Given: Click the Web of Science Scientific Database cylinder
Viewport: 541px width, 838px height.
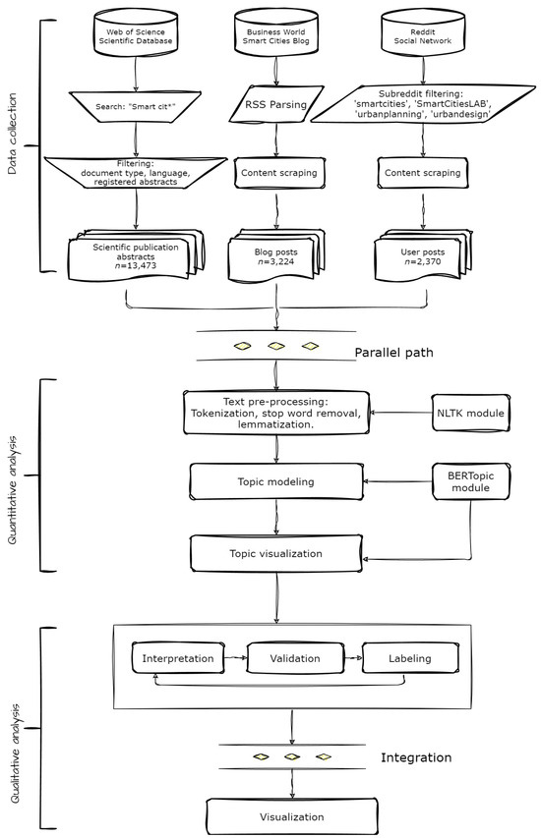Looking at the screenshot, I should (x=138, y=36).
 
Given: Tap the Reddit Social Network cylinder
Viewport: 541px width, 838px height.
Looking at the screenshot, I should (x=424, y=36).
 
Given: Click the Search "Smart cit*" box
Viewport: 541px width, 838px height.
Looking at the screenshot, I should (x=138, y=105).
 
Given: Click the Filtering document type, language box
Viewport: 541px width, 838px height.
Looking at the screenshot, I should (x=137, y=174).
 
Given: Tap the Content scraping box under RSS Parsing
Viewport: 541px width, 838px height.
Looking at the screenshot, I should (x=276, y=174).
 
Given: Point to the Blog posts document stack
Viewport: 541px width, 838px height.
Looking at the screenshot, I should (x=275, y=255).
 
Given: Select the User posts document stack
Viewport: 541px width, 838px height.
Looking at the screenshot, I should (x=423, y=255).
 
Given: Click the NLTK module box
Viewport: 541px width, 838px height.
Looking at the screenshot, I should (x=470, y=414).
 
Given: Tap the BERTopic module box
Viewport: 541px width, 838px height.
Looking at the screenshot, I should (x=470, y=481).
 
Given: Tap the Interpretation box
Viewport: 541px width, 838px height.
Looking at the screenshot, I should (x=178, y=657).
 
